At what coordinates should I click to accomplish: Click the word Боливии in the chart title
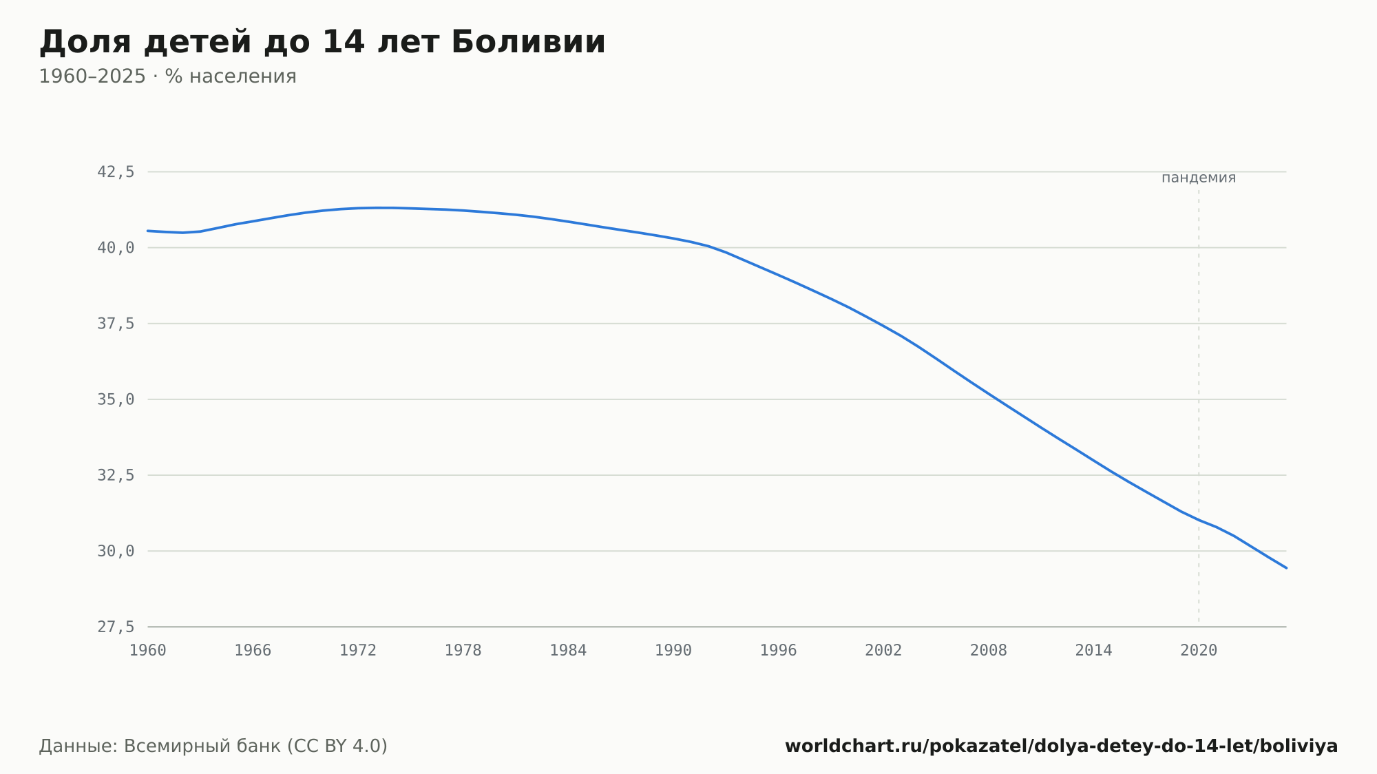click(528, 42)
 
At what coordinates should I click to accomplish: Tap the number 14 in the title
click(343, 42)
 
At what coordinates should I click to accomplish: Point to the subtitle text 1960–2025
click(92, 76)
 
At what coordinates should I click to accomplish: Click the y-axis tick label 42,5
click(116, 172)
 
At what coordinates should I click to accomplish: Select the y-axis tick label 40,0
click(116, 248)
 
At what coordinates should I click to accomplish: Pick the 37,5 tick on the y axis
click(116, 324)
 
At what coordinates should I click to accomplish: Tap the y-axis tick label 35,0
click(116, 399)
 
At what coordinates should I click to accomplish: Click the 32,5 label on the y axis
click(116, 475)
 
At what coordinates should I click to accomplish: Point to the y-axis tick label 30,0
click(116, 551)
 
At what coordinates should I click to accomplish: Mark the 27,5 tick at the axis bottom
click(116, 627)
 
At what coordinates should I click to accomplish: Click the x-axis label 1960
click(148, 651)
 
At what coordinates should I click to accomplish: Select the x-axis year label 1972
click(358, 651)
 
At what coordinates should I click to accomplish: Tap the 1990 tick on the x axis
click(673, 651)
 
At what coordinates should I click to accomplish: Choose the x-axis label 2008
click(989, 651)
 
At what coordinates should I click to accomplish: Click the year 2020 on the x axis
click(1199, 651)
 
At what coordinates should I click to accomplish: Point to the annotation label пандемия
click(1199, 178)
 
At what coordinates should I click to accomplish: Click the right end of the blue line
click(1286, 568)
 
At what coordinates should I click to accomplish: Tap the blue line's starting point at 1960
click(148, 231)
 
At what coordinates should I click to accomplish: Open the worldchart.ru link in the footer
click(1061, 746)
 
